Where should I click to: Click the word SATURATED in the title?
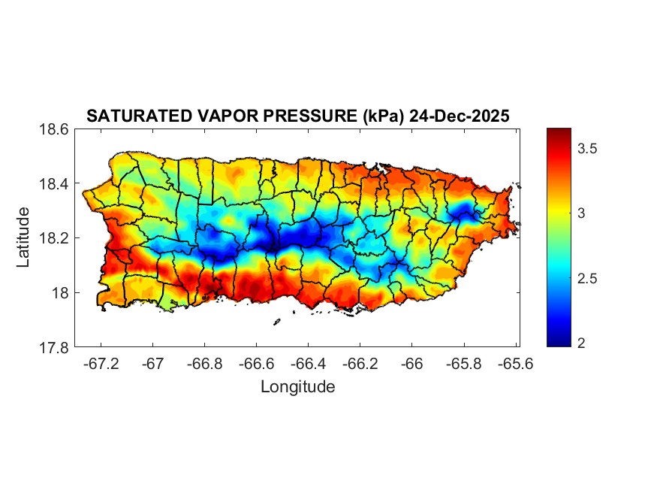coord(128,116)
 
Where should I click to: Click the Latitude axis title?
coord(23,237)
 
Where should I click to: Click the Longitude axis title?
coord(297,387)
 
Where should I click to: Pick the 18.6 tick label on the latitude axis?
coord(54,129)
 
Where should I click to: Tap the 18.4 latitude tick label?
coord(54,184)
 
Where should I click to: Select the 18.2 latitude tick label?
coord(54,238)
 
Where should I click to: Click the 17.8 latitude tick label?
coord(54,347)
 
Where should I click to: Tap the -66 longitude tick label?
coord(411,363)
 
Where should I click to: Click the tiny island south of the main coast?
coord(276,322)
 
